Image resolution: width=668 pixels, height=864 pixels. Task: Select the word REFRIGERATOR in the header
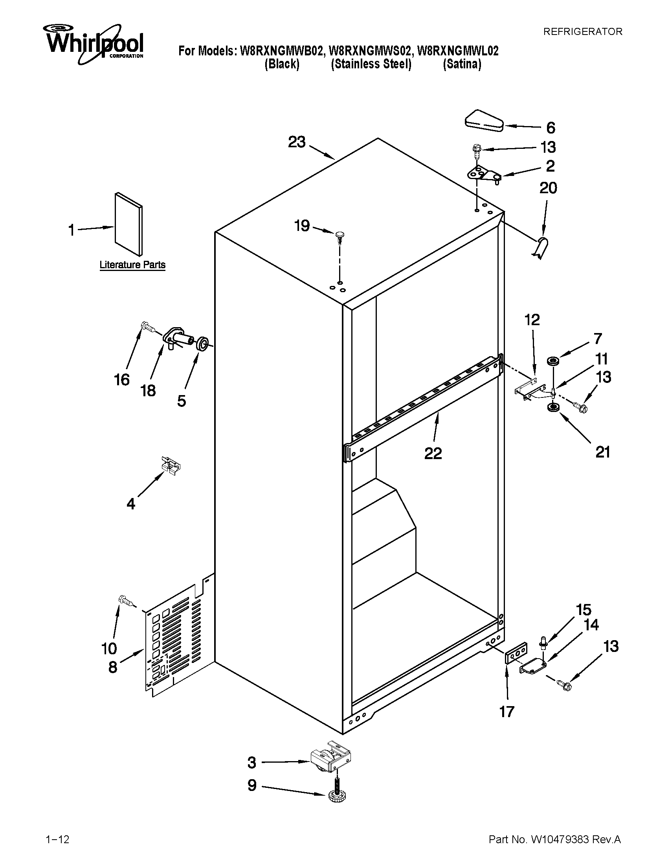point(582,32)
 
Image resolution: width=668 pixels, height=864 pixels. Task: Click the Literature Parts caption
point(132,265)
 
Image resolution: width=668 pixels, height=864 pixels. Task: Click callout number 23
point(297,142)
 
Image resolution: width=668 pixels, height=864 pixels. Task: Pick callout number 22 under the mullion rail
point(433,453)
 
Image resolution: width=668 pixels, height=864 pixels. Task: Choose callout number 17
point(507,712)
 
